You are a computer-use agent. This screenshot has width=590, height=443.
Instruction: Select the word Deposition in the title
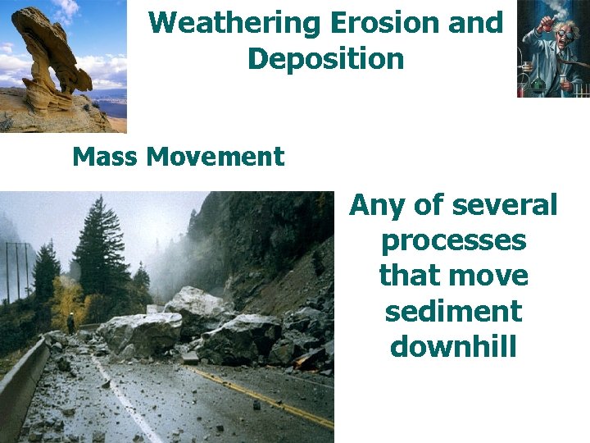(325, 59)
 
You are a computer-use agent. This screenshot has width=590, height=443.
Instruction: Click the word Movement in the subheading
(215, 156)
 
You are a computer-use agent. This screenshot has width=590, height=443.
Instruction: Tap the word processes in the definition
(453, 241)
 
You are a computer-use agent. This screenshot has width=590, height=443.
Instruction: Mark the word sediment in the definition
(453, 312)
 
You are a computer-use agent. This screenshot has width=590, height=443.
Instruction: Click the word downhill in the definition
(453, 347)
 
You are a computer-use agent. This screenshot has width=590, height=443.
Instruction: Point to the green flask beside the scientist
(538, 82)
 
